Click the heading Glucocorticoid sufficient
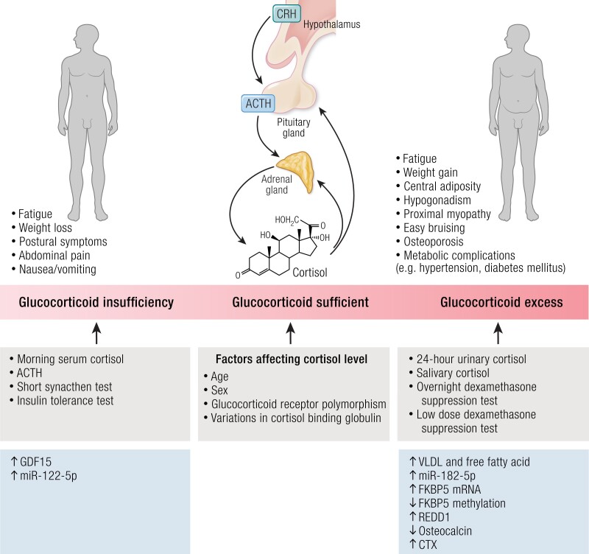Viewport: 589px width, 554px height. tap(291, 302)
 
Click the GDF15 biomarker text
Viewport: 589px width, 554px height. tap(35, 462)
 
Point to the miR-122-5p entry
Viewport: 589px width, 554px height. tap(46, 476)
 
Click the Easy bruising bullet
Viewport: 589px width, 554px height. tap(435, 228)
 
